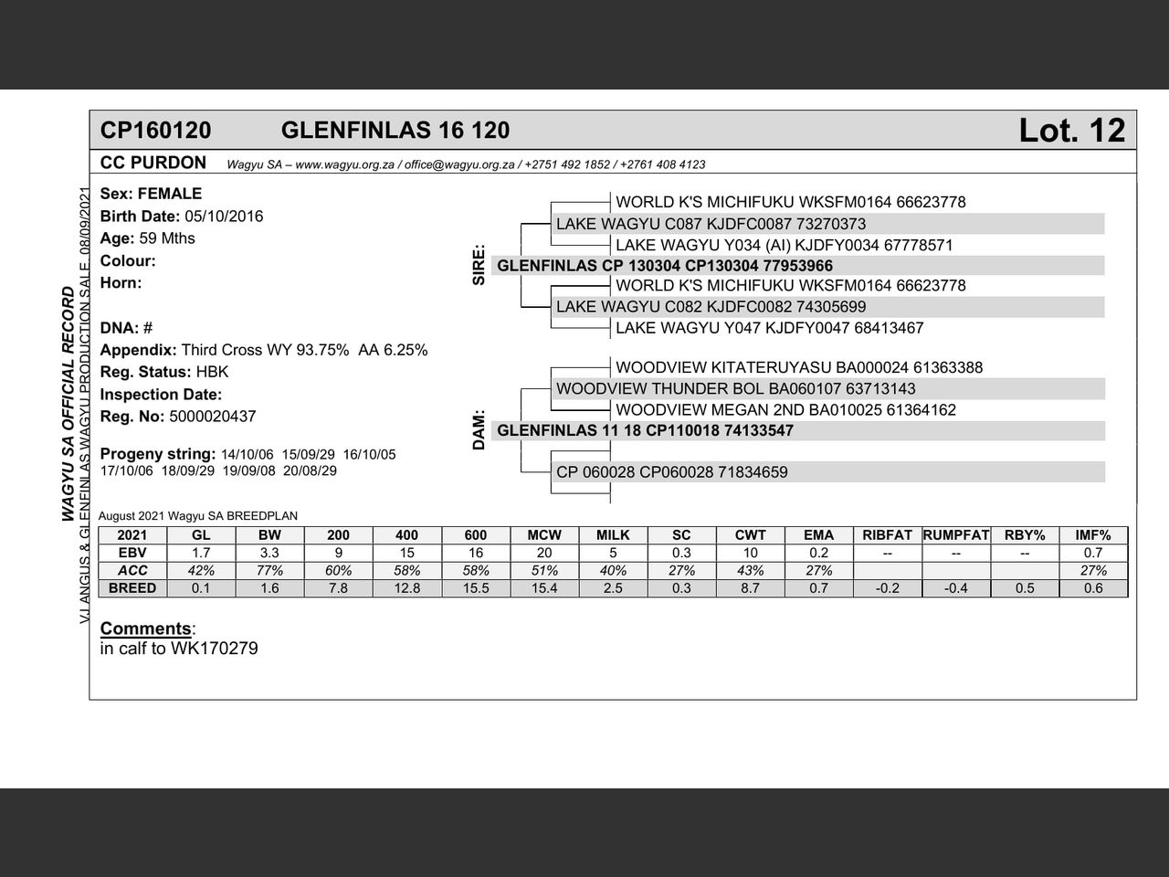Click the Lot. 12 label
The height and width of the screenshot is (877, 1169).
1071,131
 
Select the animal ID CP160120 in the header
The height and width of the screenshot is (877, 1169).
155,131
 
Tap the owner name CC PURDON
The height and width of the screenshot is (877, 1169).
153,163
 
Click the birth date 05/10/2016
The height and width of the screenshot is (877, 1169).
224,217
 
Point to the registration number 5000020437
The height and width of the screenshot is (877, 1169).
213,417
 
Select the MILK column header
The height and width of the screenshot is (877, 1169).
613,535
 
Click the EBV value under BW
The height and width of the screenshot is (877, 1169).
269,553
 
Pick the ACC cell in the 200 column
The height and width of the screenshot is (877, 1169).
338,570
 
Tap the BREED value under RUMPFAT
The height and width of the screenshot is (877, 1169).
955,588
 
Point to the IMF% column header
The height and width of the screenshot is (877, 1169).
1093,535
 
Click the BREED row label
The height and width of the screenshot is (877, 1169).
132,588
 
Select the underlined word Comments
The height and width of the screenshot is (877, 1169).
146,629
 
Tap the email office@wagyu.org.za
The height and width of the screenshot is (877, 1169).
459,165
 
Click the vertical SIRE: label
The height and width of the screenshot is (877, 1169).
479,265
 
